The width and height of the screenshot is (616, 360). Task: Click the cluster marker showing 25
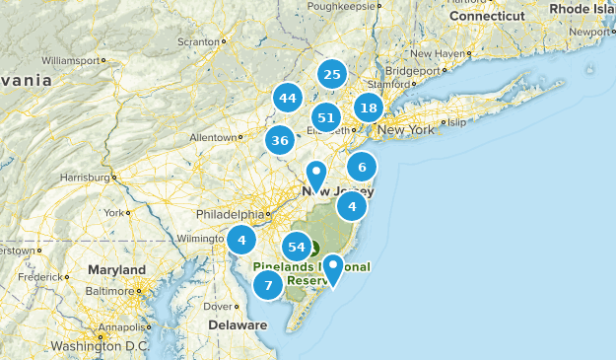coord(332,75)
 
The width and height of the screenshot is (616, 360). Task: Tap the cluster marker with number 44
coord(288,99)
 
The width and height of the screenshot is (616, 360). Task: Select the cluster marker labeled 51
coord(327,118)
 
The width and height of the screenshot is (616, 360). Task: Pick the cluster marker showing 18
coord(369,108)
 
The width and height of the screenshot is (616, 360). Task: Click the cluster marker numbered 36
coord(280,141)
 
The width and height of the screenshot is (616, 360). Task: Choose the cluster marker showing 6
coord(362,167)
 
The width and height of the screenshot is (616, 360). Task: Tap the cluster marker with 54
coord(297,248)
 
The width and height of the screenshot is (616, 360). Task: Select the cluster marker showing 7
coord(267,286)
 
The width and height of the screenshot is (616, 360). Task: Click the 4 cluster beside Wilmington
coord(241,240)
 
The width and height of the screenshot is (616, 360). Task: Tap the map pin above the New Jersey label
coord(316,175)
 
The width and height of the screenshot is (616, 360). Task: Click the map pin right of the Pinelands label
coord(334,267)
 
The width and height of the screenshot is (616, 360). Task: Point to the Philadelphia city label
coord(230,214)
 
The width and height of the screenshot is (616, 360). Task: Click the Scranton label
coord(197,42)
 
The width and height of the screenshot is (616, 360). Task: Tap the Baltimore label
coord(109,291)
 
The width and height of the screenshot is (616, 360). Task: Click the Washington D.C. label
coord(98,346)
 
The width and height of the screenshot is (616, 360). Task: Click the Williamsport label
coord(73,59)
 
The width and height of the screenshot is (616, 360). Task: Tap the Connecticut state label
coord(488,17)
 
